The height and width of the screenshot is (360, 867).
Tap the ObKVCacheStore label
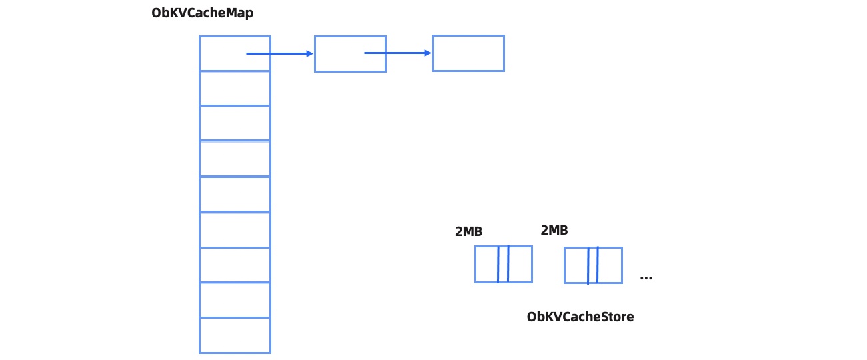[x=580, y=317]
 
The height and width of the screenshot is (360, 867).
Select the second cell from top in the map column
[x=235, y=88]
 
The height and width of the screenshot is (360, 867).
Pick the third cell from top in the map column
[x=235, y=123]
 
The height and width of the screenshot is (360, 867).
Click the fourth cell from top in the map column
[x=235, y=159]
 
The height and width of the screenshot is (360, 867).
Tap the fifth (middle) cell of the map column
[x=235, y=194]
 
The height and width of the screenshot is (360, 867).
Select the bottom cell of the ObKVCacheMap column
[x=235, y=335]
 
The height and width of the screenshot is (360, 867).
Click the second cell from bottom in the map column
[x=235, y=300]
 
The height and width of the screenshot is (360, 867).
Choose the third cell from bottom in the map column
[x=235, y=265]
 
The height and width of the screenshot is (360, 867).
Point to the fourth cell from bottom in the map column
[x=235, y=229]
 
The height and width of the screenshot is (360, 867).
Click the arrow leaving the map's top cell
[x=280, y=53]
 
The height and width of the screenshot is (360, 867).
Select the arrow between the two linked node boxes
[x=398, y=53]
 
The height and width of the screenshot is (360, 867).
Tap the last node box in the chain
[x=468, y=53]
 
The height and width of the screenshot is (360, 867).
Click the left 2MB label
[x=468, y=231]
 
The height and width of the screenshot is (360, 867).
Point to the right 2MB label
[x=554, y=231]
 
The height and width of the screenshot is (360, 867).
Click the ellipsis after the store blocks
[x=646, y=277]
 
